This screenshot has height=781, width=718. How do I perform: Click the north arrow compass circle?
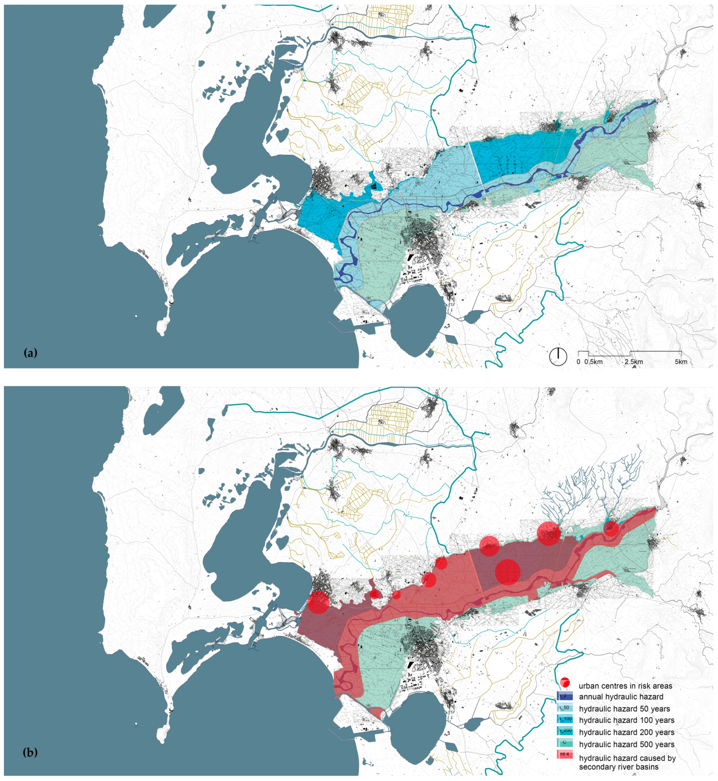coord(558,357)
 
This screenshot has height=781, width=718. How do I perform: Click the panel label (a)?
coord(30,353)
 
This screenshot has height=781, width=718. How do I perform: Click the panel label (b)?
coord(30,753)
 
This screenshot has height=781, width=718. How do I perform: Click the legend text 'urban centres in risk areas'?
coord(626,686)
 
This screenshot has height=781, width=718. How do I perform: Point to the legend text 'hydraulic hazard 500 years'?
coord(626,744)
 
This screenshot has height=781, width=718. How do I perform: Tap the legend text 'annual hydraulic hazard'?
coord(621,697)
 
